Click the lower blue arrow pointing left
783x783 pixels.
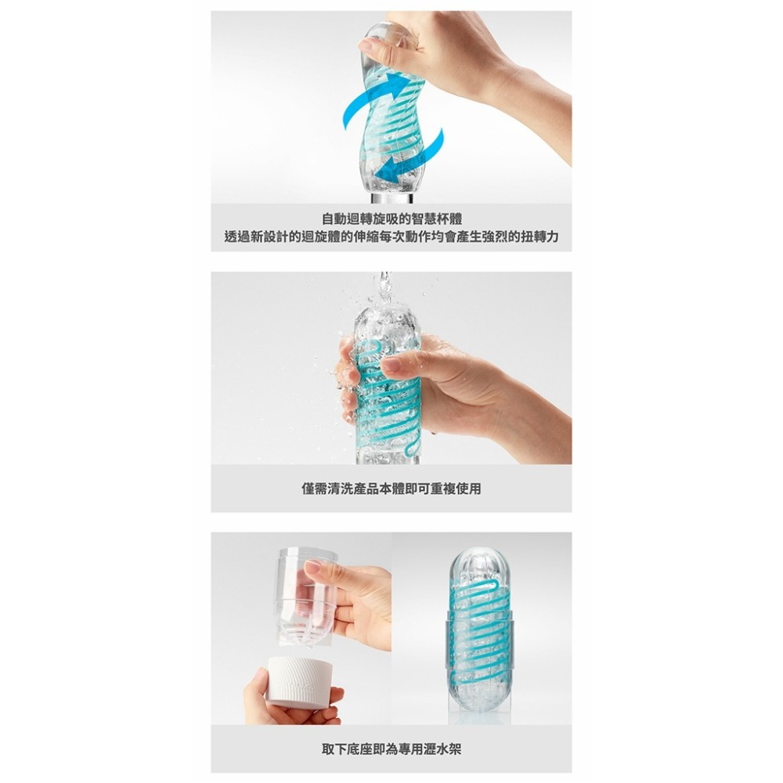point(411,156)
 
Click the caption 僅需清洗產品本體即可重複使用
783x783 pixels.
point(391,489)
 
